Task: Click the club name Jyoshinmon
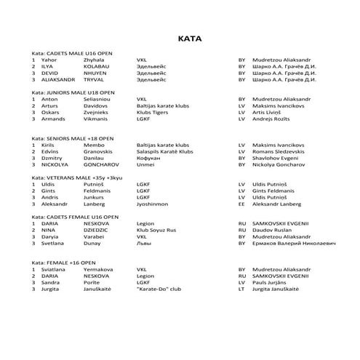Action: pyautogui.click(x=153, y=204)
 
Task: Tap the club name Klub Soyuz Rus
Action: pyautogui.click(x=157, y=230)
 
